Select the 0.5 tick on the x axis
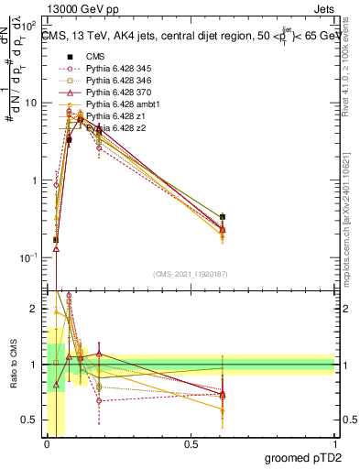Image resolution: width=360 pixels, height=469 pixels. [191, 444]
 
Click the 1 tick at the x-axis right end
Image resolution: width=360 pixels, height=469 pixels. [334, 444]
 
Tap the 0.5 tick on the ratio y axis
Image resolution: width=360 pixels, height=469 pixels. [37, 420]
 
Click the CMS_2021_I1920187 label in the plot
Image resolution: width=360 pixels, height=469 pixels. [191, 274]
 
